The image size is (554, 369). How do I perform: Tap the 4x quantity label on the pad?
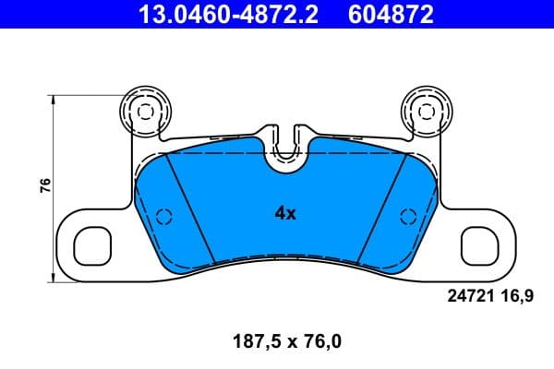(x=285, y=213)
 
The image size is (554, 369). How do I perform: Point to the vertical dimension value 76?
(x=44, y=185)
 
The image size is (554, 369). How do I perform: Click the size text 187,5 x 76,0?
(x=285, y=341)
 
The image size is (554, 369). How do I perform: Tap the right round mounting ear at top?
(x=426, y=110)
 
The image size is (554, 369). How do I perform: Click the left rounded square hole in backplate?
(x=91, y=245)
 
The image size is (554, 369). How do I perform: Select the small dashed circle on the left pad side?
(x=165, y=217)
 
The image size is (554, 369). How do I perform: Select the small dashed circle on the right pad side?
(x=405, y=217)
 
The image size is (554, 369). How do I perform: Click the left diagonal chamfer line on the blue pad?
(x=189, y=208)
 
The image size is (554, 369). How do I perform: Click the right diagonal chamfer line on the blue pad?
(x=380, y=208)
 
